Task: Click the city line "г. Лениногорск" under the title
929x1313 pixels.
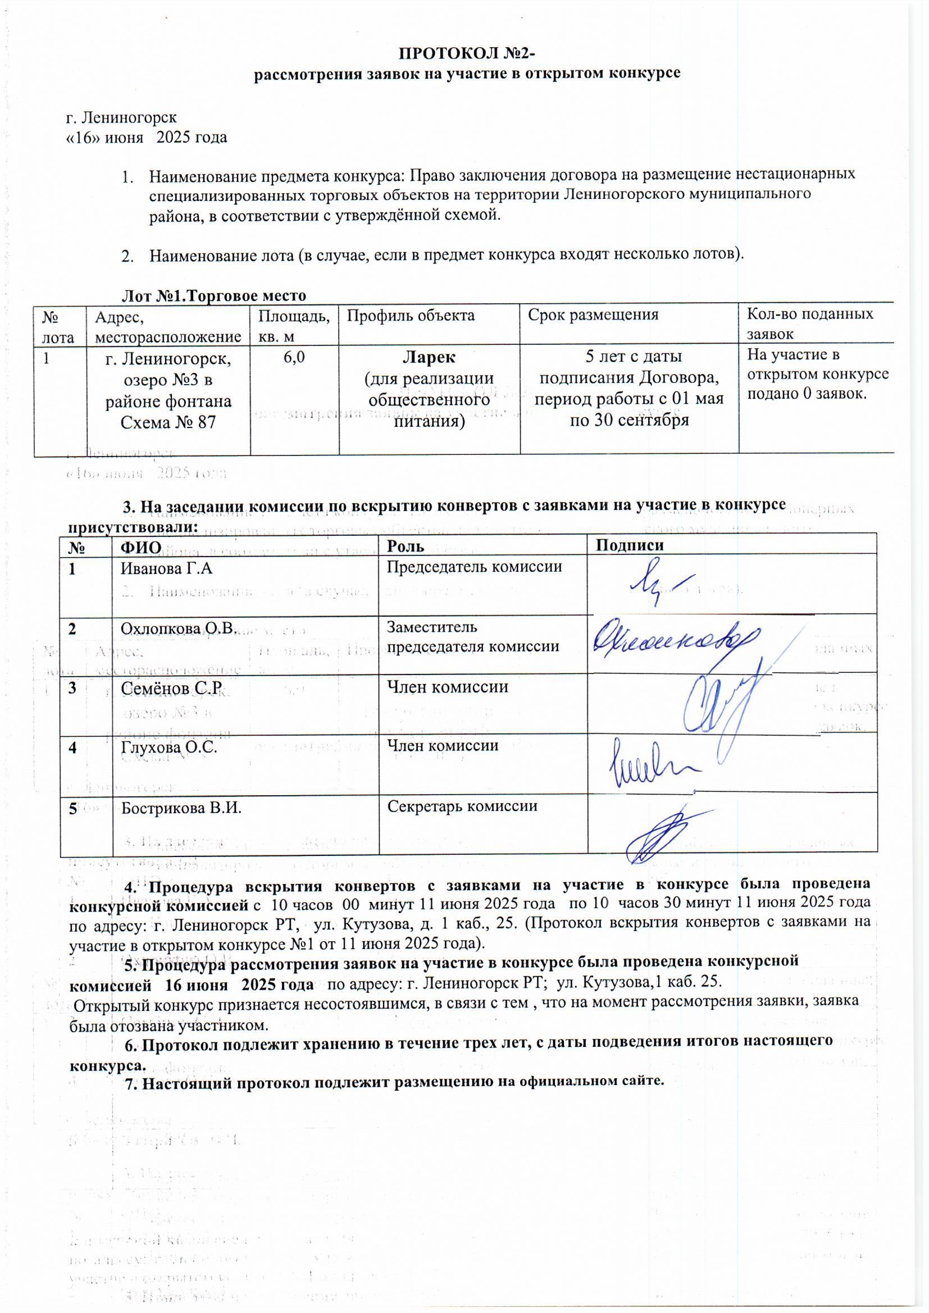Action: [x=122, y=117]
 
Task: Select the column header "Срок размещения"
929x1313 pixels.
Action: [x=593, y=314]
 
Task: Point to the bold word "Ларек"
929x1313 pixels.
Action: [x=430, y=357]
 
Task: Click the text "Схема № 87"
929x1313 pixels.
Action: [x=168, y=423]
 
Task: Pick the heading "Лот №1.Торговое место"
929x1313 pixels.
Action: [x=215, y=295]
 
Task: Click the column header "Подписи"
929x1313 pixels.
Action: [x=630, y=545]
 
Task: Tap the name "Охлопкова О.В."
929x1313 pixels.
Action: [x=179, y=629]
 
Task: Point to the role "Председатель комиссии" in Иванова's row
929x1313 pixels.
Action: [x=474, y=567]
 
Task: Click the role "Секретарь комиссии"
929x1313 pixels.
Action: [x=462, y=806]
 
